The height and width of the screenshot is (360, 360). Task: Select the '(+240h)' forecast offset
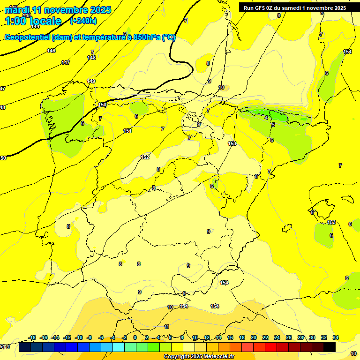pyautogui.click(x=83, y=21)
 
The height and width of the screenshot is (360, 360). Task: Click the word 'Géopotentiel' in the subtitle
pyautogui.click(x=28, y=37)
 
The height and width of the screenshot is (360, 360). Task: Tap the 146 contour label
pyautogui.click(x=51, y=51)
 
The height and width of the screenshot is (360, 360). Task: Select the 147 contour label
pyautogui.click(x=66, y=62)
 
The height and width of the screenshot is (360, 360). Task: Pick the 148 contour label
pyautogui.click(x=91, y=58)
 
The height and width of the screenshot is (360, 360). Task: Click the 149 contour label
pyautogui.click(x=91, y=81)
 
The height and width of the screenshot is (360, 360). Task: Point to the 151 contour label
pyautogui.click(x=127, y=131)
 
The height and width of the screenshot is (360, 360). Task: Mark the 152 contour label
pyautogui.click(x=145, y=157)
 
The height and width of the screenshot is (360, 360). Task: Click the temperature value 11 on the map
pyautogui.click(x=166, y=327)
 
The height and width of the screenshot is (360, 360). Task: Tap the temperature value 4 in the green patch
pyautogui.click(x=266, y=118)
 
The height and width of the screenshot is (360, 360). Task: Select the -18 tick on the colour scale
pyautogui.click(x=32, y=337)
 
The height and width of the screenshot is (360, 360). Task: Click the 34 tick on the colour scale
pyautogui.click(x=336, y=337)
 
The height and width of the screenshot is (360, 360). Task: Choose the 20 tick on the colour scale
pyautogui.click(x=253, y=337)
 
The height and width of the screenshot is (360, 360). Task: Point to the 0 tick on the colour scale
pyautogui.click(x=135, y=337)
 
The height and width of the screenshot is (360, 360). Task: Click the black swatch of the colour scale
pyautogui.click(x=330, y=347)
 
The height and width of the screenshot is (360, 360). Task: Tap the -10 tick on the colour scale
pyautogui.click(x=79, y=337)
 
